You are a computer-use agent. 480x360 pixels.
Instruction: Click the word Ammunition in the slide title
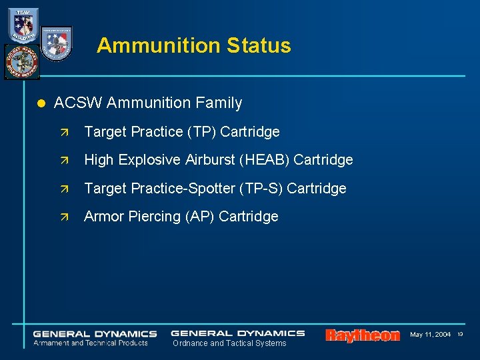click(x=158, y=45)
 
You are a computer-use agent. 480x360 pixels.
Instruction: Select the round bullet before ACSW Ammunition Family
click(x=40, y=103)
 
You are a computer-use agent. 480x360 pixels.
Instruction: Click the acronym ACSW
click(x=77, y=103)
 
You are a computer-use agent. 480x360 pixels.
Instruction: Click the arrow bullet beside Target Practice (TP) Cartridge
click(x=64, y=132)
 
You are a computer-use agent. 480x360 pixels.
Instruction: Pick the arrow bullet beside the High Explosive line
click(x=64, y=160)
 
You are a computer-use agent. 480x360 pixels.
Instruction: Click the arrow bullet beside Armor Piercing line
click(x=64, y=217)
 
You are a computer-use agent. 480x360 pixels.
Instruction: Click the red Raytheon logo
click(x=363, y=335)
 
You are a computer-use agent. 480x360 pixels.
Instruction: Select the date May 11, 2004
click(x=430, y=334)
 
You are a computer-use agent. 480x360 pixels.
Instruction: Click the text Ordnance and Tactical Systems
click(x=229, y=343)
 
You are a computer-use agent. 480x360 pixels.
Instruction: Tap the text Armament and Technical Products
click(x=91, y=343)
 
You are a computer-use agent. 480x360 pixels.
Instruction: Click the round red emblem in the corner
click(x=21, y=61)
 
